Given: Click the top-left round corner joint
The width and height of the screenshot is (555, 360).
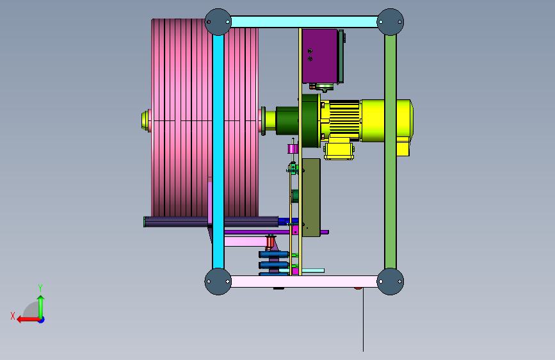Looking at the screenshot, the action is coord(218,22).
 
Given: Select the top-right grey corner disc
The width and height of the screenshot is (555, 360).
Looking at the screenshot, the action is coord(390,22).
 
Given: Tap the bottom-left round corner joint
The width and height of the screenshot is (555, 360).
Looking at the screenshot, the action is coord(218,281).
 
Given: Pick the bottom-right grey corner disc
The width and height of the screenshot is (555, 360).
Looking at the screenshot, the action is coord(390,281).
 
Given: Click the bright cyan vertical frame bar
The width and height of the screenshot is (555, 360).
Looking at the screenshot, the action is coord(218,152).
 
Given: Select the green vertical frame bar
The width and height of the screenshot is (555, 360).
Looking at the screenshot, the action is coord(390,152).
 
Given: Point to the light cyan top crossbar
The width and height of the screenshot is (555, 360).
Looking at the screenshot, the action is coord(304,22).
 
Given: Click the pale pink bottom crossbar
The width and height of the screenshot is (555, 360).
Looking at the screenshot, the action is coord(304,281).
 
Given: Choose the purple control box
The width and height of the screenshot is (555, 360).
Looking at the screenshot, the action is coord(320,56).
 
